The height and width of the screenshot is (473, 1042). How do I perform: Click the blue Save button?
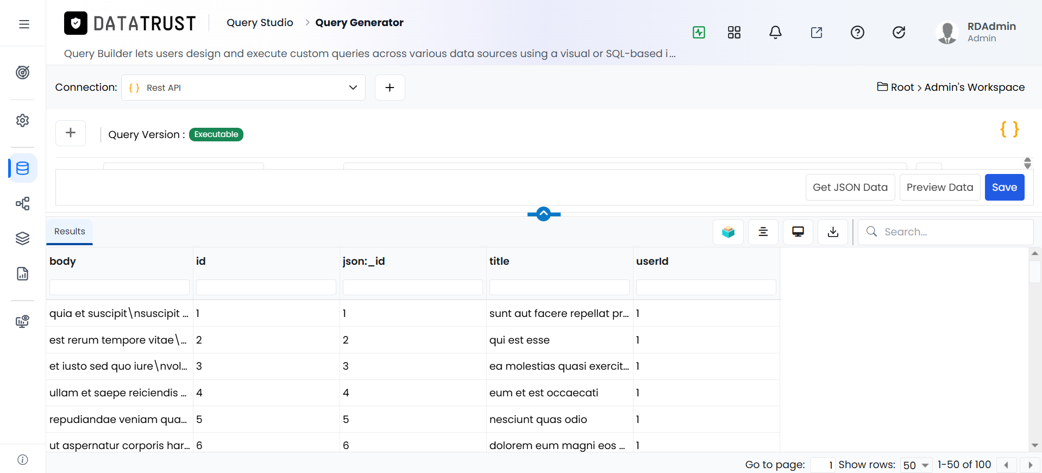point(1005,187)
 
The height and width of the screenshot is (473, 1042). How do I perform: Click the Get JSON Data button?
point(850,187)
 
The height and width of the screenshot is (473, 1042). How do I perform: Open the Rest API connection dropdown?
point(243,88)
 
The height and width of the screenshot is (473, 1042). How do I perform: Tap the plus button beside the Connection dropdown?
point(390,88)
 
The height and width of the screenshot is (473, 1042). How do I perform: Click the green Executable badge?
point(216,134)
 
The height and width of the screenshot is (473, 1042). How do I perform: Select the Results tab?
point(70,232)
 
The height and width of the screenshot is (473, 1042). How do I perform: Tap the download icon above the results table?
point(833,232)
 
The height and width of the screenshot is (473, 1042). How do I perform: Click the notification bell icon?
point(775,33)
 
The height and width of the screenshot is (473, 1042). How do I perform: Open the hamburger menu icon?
point(24,24)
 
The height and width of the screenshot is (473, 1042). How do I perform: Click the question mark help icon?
point(857,33)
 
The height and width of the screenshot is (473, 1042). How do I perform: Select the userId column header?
point(652,261)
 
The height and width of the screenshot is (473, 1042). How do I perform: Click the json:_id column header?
point(363,261)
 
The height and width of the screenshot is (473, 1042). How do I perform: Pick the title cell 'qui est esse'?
point(519,340)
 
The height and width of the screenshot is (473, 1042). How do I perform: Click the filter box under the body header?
point(120,287)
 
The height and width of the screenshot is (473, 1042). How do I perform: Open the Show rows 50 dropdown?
point(916,465)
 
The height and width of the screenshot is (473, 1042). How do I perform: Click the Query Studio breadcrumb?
point(260,22)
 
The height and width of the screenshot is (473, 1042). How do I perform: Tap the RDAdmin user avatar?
point(947,33)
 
